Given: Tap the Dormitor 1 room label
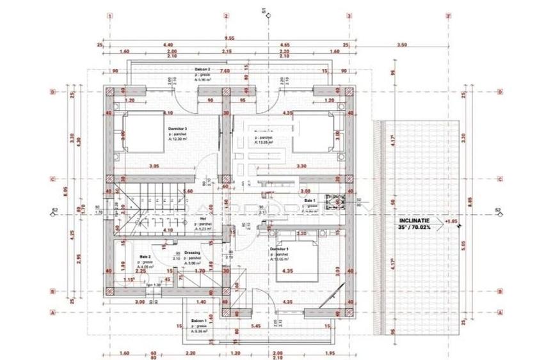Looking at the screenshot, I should coord(279,247).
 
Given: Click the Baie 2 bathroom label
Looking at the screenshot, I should coord(145,257).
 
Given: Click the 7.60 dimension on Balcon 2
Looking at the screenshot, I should coord(225,72).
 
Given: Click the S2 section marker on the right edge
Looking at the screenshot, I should coord(498,210).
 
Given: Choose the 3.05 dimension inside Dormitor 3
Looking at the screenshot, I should coord(154,166).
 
